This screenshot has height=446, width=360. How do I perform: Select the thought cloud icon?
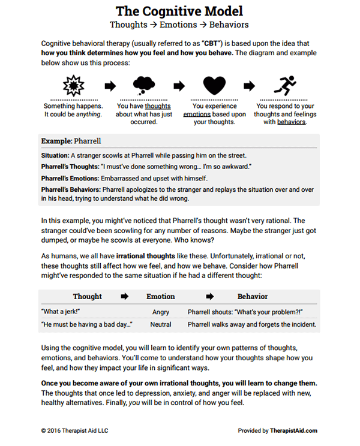(x=143, y=86)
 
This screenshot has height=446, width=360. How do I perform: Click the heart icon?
(x=214, y=86)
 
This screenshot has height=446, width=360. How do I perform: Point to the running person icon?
(x=286, y=86)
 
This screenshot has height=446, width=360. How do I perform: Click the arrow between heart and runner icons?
(x=250, y=86)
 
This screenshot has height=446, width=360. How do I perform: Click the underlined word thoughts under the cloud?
(x=157, y=106)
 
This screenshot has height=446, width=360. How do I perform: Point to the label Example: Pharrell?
(x=71, y=141)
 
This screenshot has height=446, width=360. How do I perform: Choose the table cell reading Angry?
(x=161, y=312)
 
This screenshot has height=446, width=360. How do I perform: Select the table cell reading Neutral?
(x=161, y=324)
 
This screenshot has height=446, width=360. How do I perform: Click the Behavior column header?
(x=252, y=296)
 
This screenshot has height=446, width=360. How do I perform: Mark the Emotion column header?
(x=161, y=296)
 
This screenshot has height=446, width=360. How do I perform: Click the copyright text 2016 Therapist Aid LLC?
(x=76, y=430)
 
